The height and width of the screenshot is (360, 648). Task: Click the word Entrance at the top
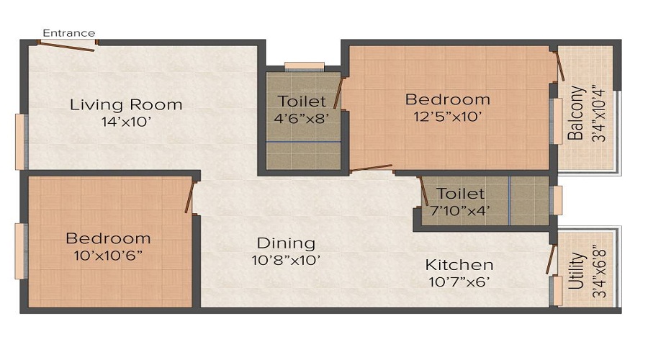click(x=68, y=33)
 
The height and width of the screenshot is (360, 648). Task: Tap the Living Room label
click(x=126, y=105)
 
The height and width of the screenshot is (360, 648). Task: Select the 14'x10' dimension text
click(x=126, y=122)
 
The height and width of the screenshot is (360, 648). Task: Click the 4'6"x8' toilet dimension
click(x=302, y=118)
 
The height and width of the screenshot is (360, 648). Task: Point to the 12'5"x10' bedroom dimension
click(x=447, y=116)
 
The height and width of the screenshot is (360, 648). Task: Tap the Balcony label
click(x=575, y=113)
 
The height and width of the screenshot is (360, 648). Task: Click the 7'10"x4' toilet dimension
click(x=460, y=210)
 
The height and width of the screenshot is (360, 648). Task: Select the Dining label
click(x=286, y=243)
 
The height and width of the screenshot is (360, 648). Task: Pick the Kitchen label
click(x=459, y=265)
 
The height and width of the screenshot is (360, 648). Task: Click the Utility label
click(x=575, y=271)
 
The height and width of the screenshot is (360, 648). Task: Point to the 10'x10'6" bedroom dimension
click(x=108, y=255)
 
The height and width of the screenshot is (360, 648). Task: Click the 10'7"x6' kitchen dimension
click(x=459, y=282)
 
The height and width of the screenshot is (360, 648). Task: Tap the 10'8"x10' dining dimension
click(x=286, y=260)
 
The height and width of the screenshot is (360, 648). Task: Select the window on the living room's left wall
click(x=21, y=141)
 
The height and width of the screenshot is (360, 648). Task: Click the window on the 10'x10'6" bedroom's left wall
click(x=21, y=251)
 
